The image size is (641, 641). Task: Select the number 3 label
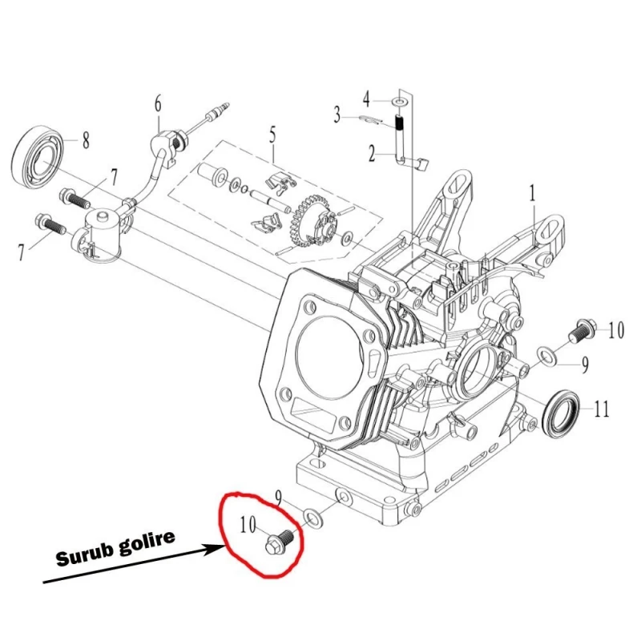click(338, 114)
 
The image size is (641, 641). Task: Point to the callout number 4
click(367, 100)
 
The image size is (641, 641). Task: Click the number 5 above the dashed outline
click(272, 133)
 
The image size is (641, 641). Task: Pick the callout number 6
click(158, 103)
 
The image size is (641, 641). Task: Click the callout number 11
click(601, 409)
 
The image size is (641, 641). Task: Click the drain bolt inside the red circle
click(280, 543)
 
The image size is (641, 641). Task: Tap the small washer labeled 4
click(398, 103)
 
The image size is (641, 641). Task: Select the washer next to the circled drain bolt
click(314, 517)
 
